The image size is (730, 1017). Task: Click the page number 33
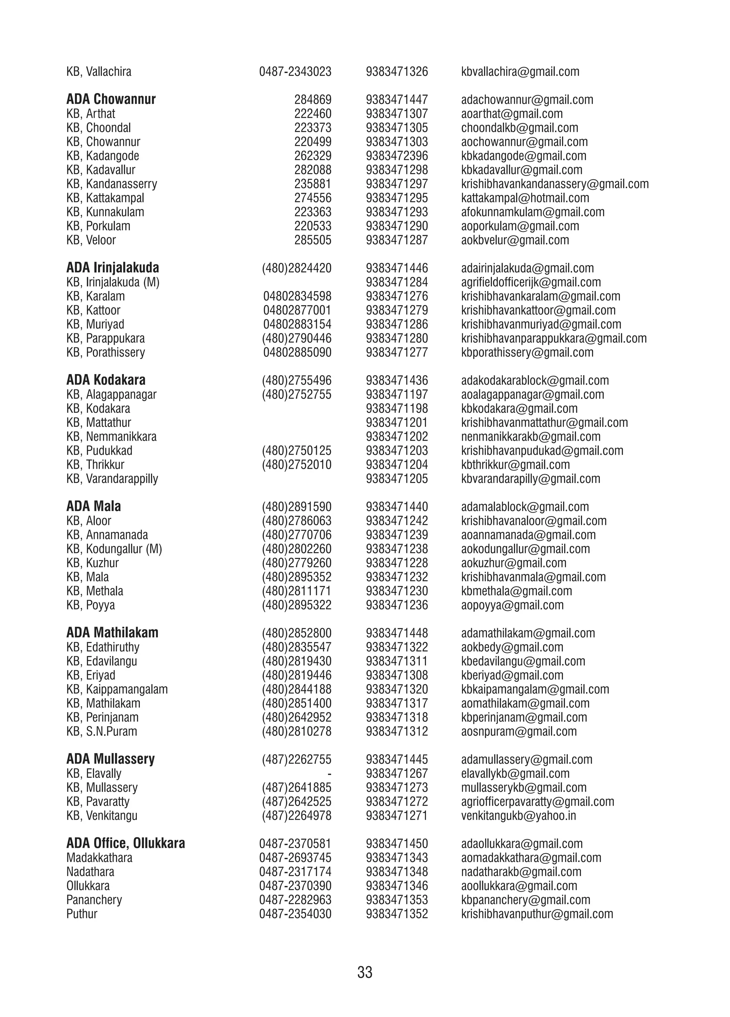(x=364, y=972)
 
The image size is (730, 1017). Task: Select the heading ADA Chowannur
(x=111, y=99)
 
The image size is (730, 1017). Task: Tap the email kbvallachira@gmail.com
(x=520, y=72)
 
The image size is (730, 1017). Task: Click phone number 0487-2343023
(x=295, y=72)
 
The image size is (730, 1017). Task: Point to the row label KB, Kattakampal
(x=106, y=198)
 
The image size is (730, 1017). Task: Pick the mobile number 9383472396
(x=397, y=156)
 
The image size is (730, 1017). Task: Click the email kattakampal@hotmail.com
(x=525, y=198)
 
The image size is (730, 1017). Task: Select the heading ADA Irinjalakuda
(x=113, y=268)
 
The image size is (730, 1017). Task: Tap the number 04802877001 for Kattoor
(x=297, y=310)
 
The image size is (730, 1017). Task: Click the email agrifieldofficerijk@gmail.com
(x=531, y=282)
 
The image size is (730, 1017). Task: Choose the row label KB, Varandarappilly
(x=112, y=478)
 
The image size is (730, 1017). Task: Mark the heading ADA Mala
(x=94, y=506)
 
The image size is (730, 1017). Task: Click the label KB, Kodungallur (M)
(x=114, y=549)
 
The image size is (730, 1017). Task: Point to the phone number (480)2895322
(x=297, y=605)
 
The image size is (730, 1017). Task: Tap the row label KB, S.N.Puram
(x=102, y=731)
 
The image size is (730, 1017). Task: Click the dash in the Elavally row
(x=329, y=773)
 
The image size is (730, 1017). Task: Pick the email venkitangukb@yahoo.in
(x=518, y=816)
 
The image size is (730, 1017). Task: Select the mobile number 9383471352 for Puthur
(x=397, y=913)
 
